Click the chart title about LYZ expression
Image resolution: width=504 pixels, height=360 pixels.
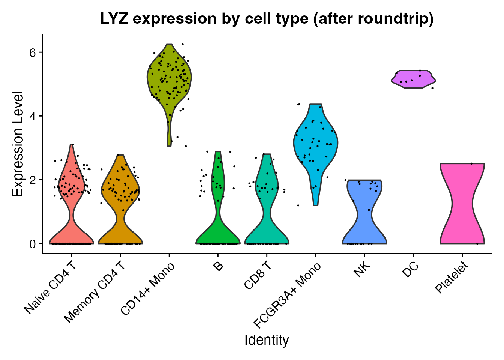267,19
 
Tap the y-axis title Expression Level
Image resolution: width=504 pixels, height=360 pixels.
18,144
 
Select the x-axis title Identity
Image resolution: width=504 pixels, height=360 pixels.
267,340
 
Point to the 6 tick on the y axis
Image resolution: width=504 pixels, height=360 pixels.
33,52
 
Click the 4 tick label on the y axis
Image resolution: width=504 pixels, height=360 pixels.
33,116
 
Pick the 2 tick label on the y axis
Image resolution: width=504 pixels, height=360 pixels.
33,180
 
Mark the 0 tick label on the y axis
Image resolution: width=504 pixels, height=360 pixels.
33,244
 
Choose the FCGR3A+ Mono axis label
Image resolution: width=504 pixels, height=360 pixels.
287,295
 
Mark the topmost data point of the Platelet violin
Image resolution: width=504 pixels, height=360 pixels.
471,163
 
